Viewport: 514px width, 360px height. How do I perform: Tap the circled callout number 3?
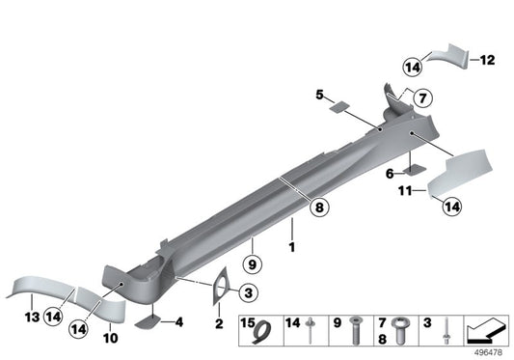pyautogui.click(x=247, y=292)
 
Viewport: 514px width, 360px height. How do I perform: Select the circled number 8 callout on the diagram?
pyautogui.click(x=318, y=205)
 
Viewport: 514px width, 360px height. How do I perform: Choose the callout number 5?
pyautogui.click(x=318, y=95)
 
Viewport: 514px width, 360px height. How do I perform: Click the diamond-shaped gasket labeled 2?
pyautogui.click(x=222, y=285)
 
